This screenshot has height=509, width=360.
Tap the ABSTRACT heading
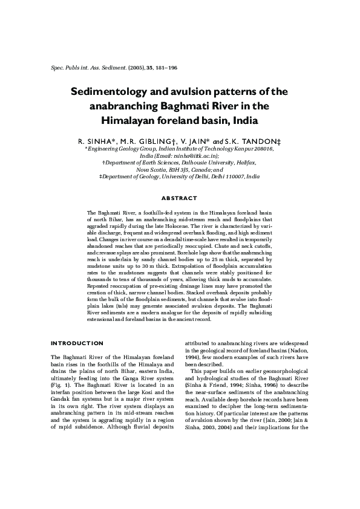179,198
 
